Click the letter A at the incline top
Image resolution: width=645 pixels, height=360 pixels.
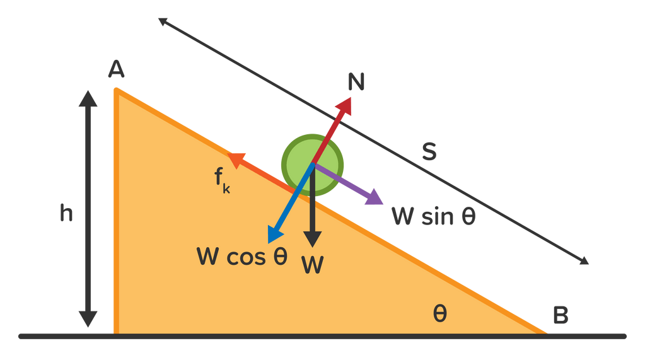click(x=116, y=70)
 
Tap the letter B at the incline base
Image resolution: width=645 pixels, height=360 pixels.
click(x=560, y=315)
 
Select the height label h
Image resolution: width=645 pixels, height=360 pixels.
click(x=66, y=214)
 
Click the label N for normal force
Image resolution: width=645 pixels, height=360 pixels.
click(x=356, y=83)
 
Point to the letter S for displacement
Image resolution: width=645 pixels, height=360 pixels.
click(x=429, y=152)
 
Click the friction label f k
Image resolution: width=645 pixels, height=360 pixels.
click(x=221, y=180)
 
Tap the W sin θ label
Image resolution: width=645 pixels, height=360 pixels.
click(x=433, y=216)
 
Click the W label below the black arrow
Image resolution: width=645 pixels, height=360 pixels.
click(x=312, y=265)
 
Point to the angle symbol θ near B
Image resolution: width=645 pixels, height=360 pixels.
click(x=440, y=313)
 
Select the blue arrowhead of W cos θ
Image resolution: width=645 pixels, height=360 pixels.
click(x=274, y=234)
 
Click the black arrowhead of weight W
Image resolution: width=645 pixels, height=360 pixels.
click(x=312, y=240)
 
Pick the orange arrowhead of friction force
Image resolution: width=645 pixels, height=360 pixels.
click(x=235, y=160)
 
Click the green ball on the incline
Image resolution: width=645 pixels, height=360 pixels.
click(x=313, y=163)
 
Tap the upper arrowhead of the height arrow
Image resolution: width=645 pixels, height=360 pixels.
click(x=88, y=99)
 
